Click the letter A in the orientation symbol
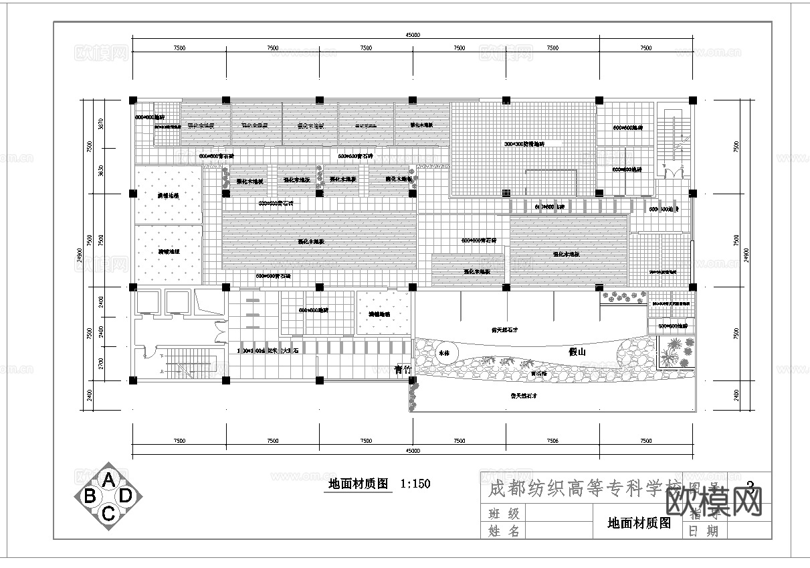108,479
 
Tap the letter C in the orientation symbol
108,513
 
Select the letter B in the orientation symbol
90,496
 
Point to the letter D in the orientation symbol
126,496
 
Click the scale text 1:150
415,484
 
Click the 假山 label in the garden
577,352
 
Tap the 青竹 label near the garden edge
403,369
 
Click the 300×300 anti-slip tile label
524,144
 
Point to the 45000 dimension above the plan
413,35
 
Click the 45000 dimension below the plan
413,451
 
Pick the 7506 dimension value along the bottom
552,441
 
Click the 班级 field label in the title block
504,514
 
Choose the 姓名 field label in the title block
504,531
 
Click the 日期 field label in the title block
702,531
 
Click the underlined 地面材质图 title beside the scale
359,484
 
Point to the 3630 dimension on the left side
101,170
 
